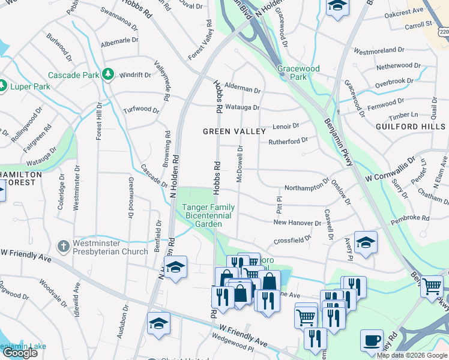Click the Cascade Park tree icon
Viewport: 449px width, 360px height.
tap(108, 74)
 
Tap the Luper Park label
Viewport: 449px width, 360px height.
tap(30, 87)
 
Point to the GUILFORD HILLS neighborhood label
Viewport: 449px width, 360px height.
tap(411, 127)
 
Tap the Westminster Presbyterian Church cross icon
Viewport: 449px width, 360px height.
tap(63, 245)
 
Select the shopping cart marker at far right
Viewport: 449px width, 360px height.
tap(432, 287)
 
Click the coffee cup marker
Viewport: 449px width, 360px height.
tap(372, 340)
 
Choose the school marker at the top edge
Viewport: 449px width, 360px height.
tap(338, 6)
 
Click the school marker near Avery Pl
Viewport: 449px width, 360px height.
tap(366, 242)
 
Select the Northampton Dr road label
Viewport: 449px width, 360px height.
tap(307, 187)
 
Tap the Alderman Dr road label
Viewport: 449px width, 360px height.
tap(237, 88)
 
